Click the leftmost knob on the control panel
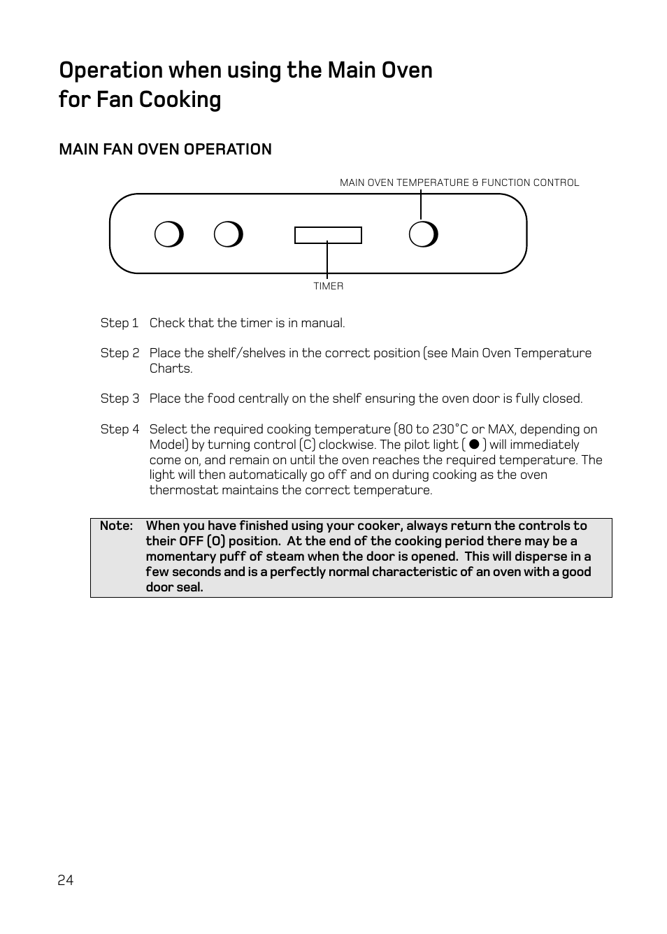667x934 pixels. point(168,235)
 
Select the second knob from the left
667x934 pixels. point(228,235)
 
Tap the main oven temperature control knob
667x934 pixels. point(423,235)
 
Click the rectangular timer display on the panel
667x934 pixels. point(328,235)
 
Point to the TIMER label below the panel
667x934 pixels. point(328,286)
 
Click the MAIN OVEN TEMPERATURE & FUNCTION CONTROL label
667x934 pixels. point(459,182)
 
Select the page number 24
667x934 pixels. point(66,880)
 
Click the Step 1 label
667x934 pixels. point(120,323)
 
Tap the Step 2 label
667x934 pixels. point(120,353)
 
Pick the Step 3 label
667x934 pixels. point(120,398)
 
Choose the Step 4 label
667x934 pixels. point(120,429)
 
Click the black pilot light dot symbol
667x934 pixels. point(474,444)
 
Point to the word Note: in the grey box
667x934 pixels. point(116,526)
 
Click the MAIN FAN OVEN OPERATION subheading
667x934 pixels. point(165,149)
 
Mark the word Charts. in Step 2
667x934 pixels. point(171,368)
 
